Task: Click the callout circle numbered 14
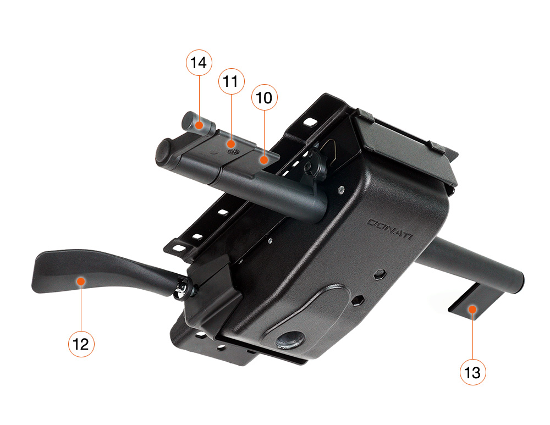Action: (199, 63)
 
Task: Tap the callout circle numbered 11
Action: (231, 81)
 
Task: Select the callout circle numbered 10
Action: (265, 97)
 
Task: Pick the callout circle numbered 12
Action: (81, 344)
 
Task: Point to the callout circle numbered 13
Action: (473, 372)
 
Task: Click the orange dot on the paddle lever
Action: (81, 282)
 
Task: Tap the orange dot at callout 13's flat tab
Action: (472, 310)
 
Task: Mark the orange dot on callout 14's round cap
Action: (199, 125)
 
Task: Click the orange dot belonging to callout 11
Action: (231, 143)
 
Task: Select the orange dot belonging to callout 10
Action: (264, 160)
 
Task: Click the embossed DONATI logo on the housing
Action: (390, 228)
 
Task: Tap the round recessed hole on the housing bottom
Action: (290, 340)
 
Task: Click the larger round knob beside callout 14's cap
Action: (164, 153)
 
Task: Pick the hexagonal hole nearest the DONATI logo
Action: (380, 274)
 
